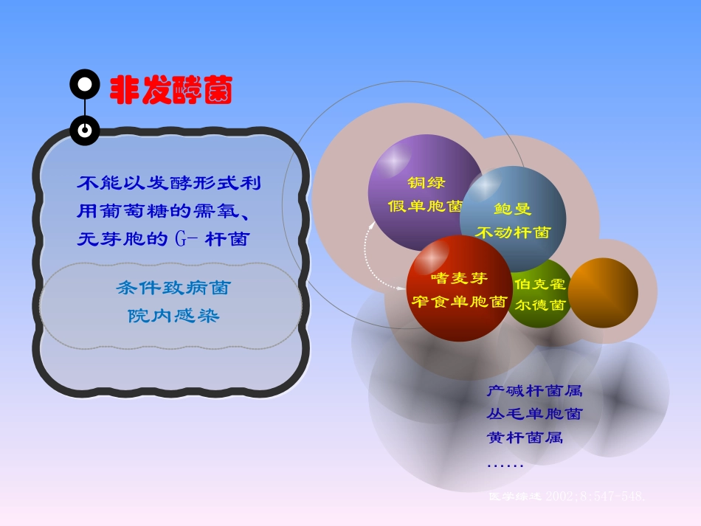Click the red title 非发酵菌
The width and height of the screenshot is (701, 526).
pos(171,91)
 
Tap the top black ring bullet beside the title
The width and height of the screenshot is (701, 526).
pos(85,85)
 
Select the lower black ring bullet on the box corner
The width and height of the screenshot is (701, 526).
pos(85,130)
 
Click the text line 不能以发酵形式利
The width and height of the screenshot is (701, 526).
pos(169,183)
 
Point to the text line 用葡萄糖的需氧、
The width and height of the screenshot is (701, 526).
pos(167,211)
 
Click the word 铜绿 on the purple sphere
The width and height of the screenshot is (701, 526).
pos(426,182)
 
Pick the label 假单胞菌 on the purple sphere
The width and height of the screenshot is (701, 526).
pos(425,206)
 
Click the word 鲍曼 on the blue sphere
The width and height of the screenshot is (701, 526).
pos(512,209)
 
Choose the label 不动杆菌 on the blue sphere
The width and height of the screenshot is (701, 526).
pos(512,232)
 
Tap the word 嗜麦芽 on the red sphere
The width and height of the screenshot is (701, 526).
pos(459,278)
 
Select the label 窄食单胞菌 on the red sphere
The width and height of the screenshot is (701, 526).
pos(459,302)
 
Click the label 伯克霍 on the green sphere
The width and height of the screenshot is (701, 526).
pos(540,284)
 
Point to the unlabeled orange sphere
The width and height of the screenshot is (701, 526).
pos(603,293)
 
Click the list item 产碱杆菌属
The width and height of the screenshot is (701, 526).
pos(534,391)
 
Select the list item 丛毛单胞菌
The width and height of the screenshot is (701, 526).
pos(534,414)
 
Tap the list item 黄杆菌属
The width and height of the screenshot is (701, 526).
pos(525,437)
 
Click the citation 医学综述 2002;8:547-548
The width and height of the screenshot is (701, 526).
pos(567,496)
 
